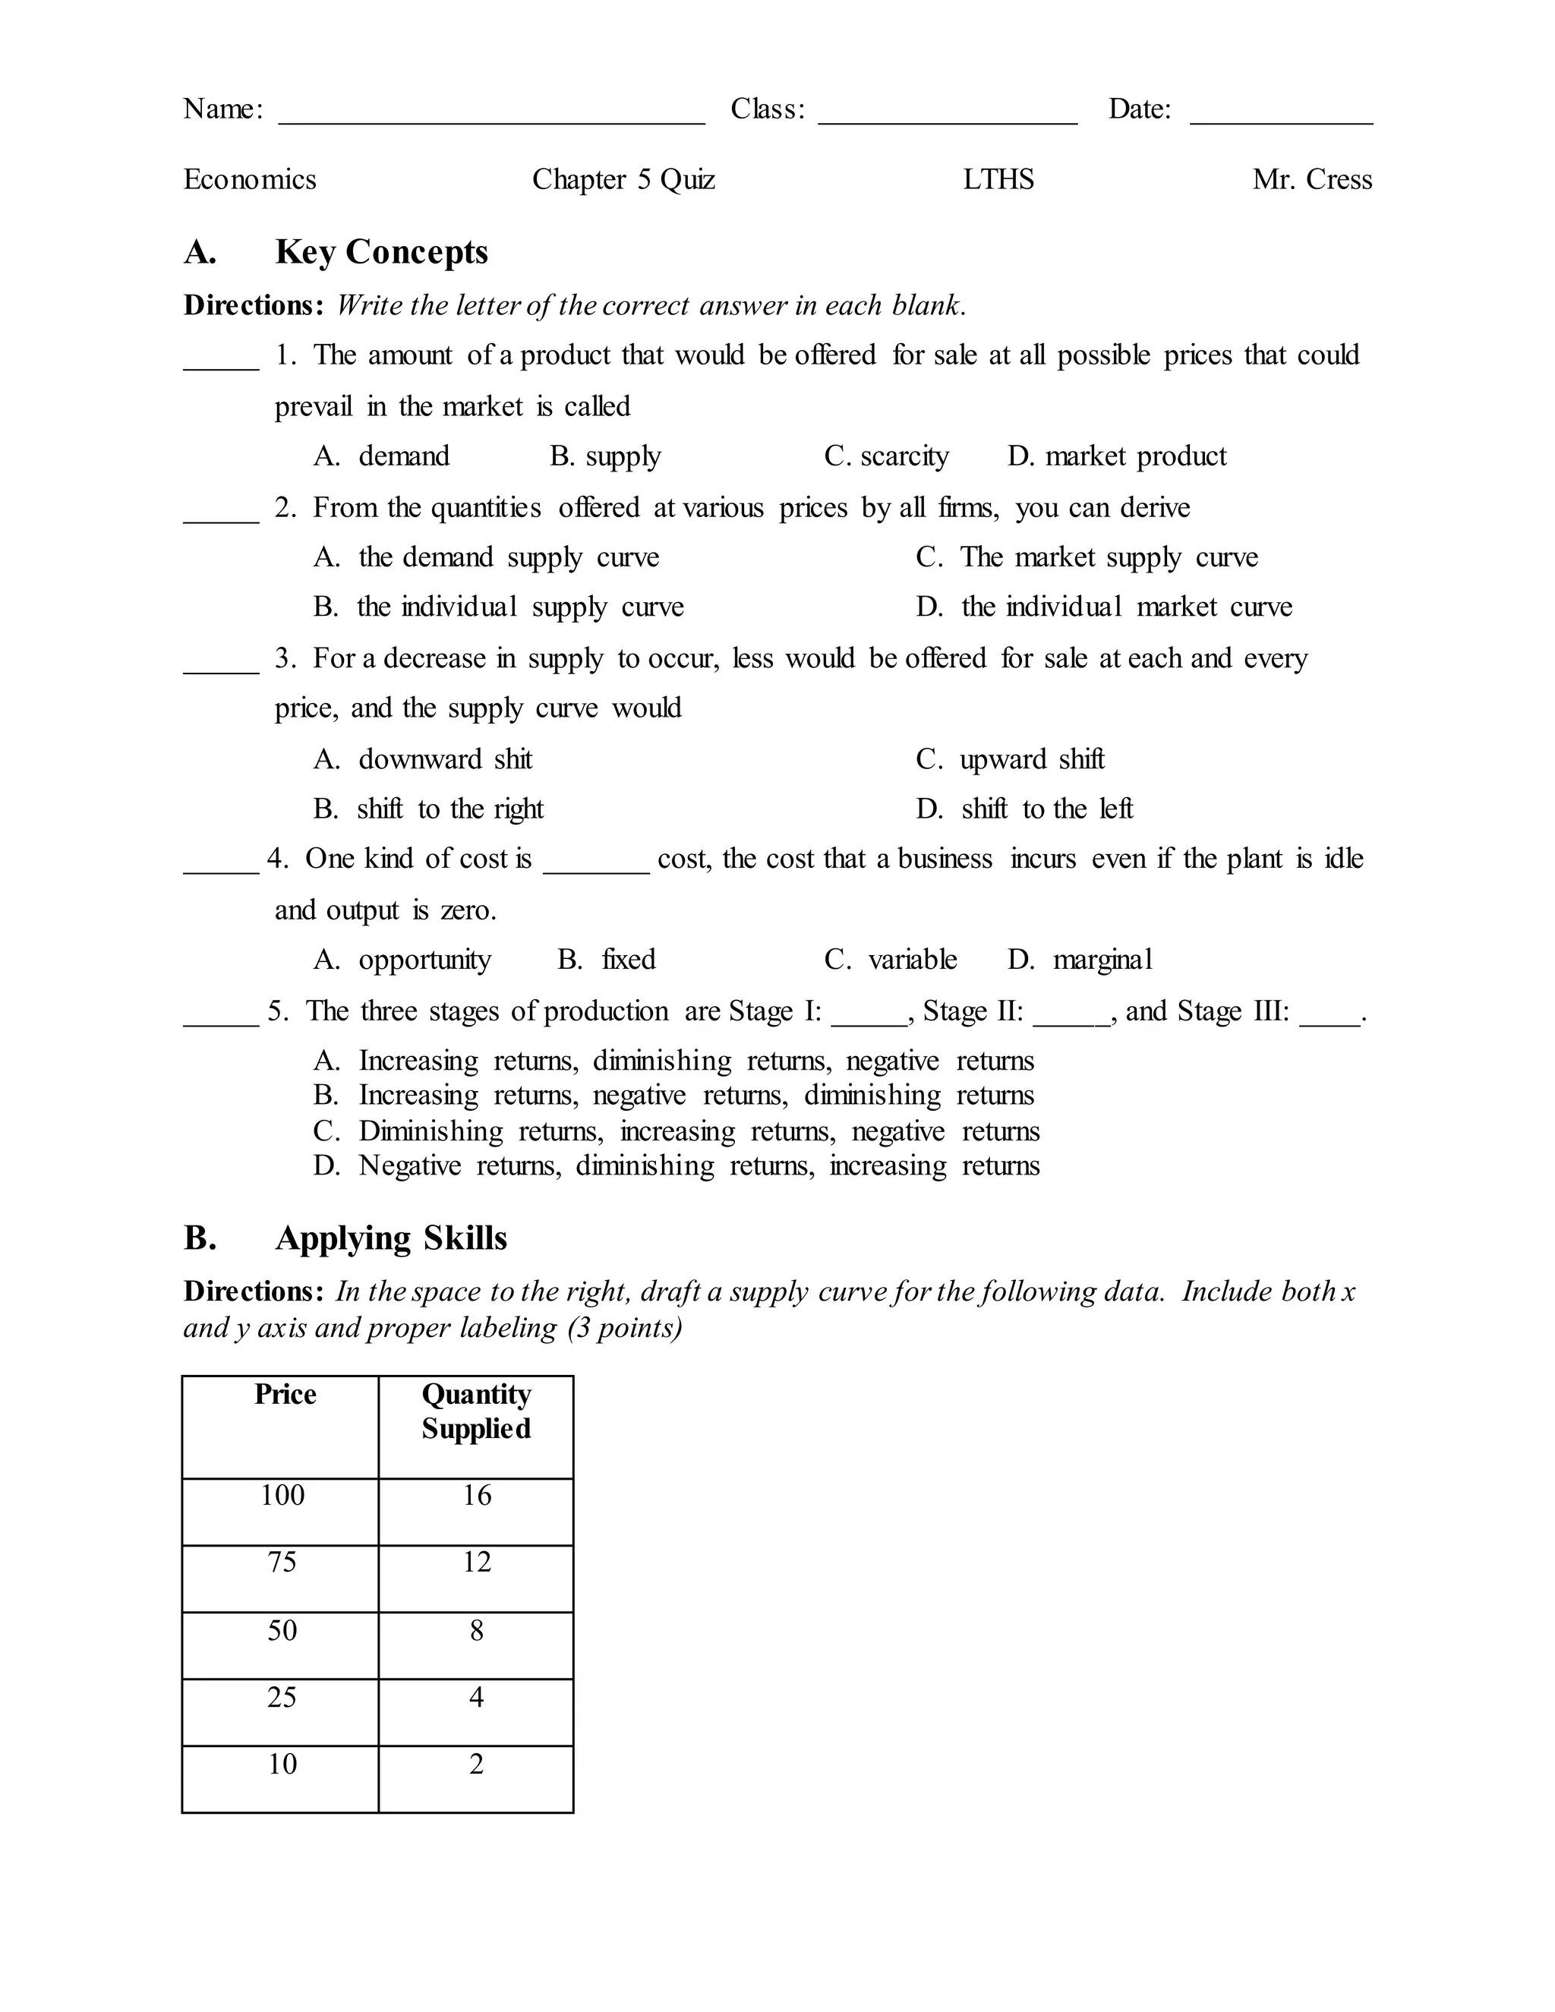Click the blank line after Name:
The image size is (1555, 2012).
click(x=491, y=116)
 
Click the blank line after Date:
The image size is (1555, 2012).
click(x=1280, y=116)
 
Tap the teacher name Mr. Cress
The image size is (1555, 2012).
click(x=1312, y=180)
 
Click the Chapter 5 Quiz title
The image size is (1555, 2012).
click(x=623, y=180)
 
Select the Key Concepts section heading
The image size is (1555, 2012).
click(x=381, y=252)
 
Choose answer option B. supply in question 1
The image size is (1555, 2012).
click(x=605, y=457)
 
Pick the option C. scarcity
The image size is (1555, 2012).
click(x=886, y=457)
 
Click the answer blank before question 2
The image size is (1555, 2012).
click(x=221, y=516)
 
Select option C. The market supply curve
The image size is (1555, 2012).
click(x=1087, y=557)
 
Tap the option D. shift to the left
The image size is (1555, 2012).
click(x=1024, y=809)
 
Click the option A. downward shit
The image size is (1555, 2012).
click(x=423, y=759)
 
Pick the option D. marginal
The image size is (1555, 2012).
click(x=1080, y=960)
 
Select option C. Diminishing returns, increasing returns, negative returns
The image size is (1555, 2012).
click(x=677, y=1131)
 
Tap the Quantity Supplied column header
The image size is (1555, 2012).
click(x=476, y=1411)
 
